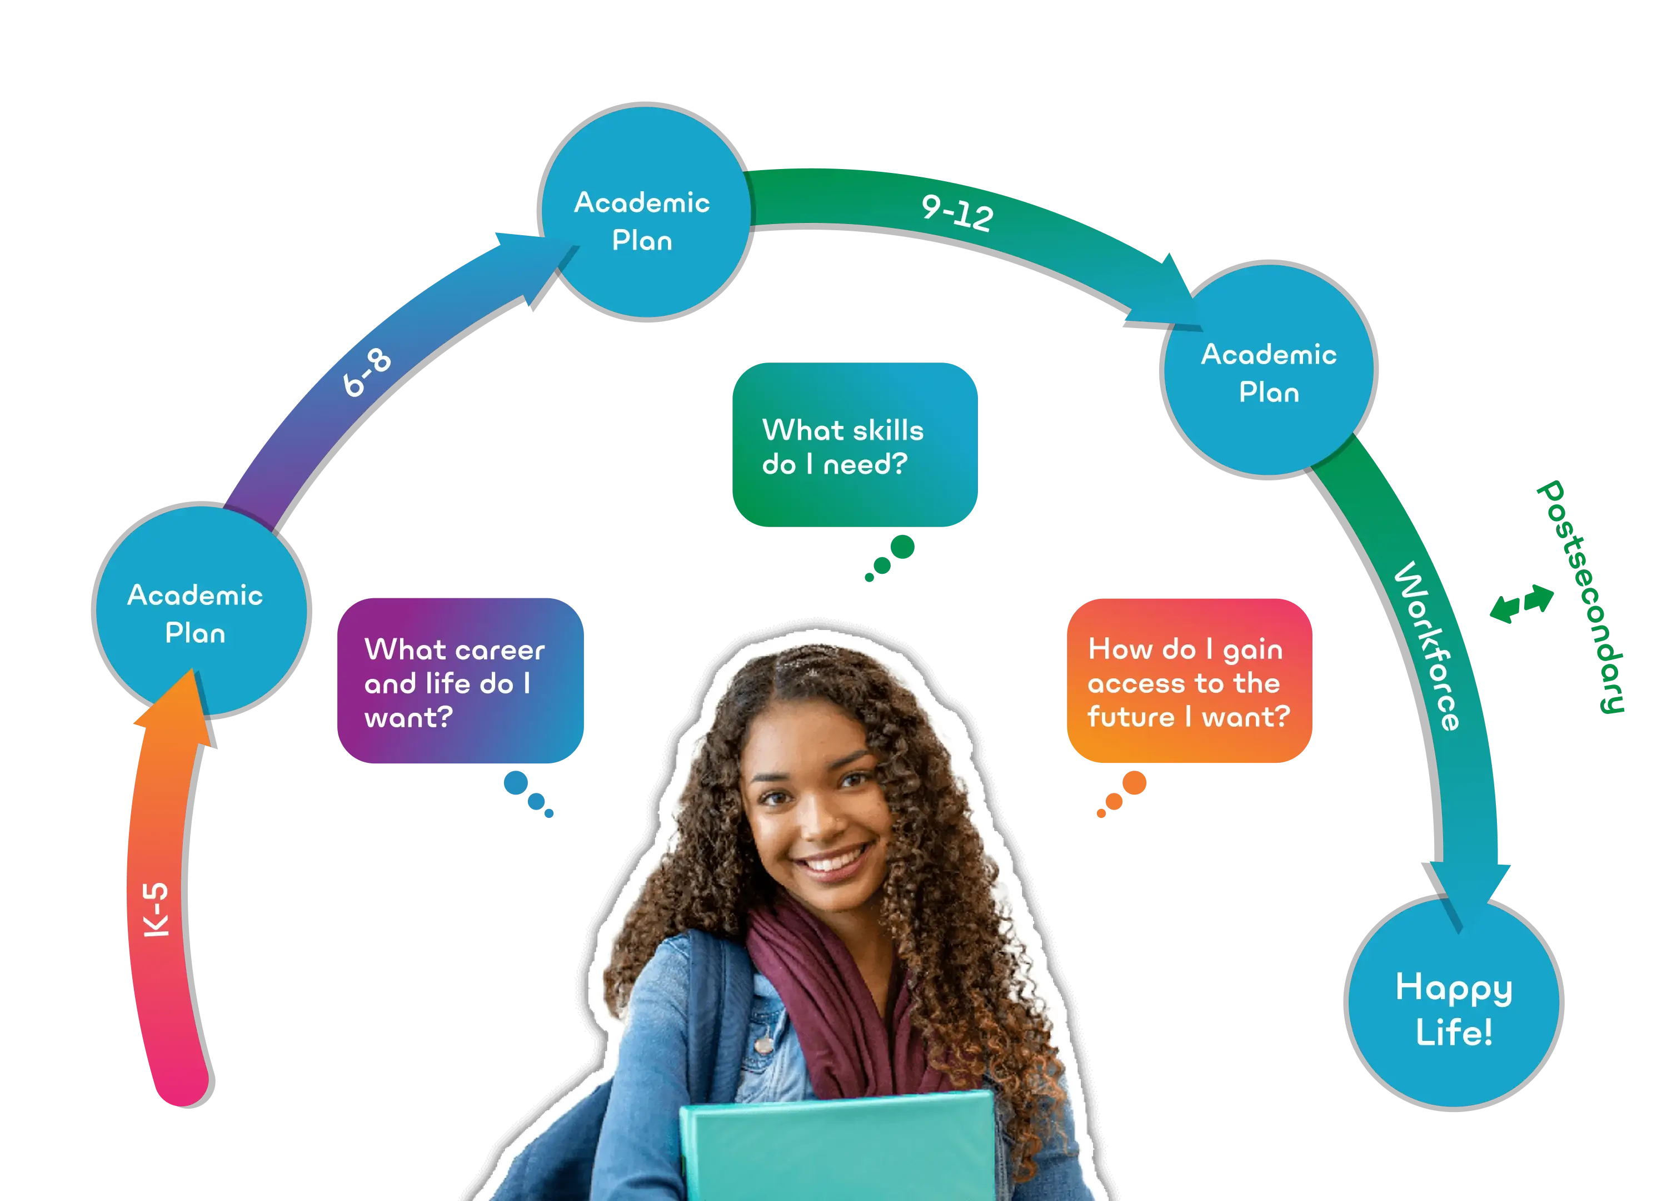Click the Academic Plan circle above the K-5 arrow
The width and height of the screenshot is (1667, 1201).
tap(201, 611)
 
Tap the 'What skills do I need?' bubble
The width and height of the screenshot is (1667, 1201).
tap(854, 445)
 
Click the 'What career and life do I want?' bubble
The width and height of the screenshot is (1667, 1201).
tap(460, 681)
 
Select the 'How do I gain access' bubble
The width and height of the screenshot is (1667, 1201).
tap(1189, 681)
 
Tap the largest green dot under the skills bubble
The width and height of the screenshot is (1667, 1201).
tap(902, 547)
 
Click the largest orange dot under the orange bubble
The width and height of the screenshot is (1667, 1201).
tap(1134, 782)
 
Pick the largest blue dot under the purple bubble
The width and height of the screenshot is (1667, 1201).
tap(516, 782)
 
